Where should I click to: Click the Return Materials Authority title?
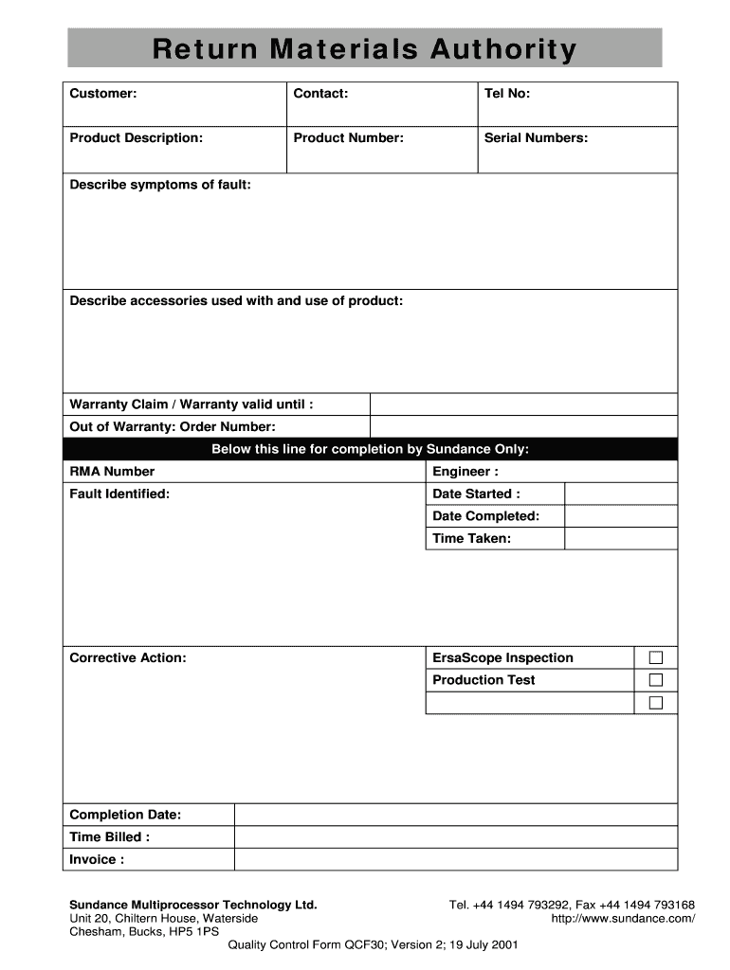(365, 48)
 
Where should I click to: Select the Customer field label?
(103, 93)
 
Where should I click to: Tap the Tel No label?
(507, 93)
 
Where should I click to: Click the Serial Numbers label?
(536, 137)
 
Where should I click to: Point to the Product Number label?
(348, 137)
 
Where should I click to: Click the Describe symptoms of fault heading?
(160, 184)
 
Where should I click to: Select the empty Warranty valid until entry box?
(523, 404)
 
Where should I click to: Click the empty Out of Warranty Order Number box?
(523, 426)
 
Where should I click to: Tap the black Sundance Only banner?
(370, 449)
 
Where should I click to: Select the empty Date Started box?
(621, 494)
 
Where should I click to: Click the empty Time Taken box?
(621, 538)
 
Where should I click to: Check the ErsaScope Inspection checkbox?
(656, 657)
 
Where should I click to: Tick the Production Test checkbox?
(656, 680)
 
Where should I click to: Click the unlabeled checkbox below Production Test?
(656, 703)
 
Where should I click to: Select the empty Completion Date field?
(455, 815)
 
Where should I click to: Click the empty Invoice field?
(455, 859)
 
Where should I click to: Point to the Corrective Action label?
(128, 657)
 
